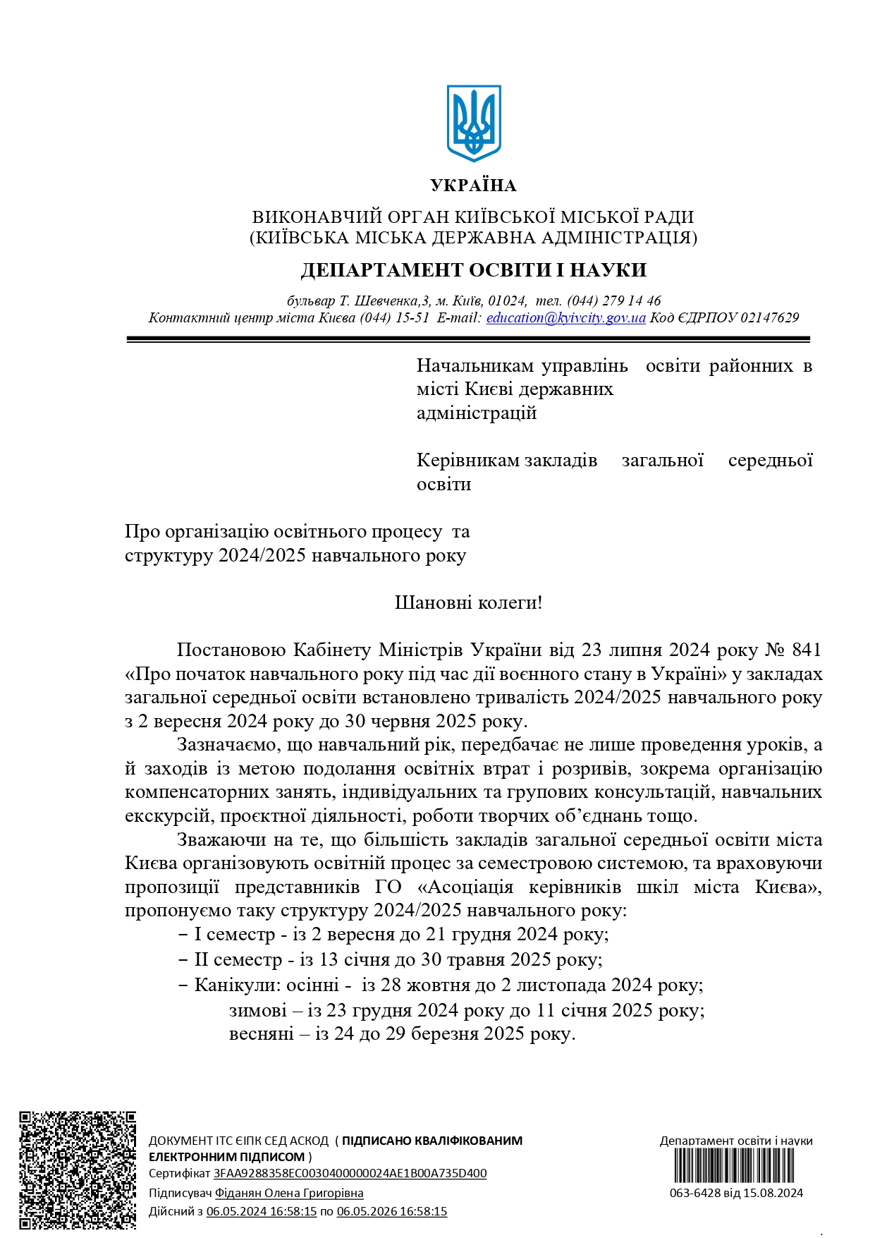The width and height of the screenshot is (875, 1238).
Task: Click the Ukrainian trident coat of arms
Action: click(473, 123)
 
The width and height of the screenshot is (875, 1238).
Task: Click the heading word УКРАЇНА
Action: click(473, 186)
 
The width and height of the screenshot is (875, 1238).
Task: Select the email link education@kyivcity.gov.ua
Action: click(565, 318)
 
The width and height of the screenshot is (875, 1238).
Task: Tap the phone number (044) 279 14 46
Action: click(614, 301)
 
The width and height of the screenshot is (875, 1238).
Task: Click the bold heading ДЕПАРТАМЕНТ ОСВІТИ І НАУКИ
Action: click(473, 270)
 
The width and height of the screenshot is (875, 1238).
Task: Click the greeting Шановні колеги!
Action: click(468, 602)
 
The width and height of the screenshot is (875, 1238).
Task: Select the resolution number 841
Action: click(807, 650)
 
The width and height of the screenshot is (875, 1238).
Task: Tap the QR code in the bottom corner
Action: click(78, 1170)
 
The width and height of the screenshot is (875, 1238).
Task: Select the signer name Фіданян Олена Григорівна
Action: click(289, 1193)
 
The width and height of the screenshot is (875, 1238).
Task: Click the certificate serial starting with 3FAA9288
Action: click(350, 1173)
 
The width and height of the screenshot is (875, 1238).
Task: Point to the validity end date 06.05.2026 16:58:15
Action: click(391, 1211)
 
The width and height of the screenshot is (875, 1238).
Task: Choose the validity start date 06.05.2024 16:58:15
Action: click(261, 1211)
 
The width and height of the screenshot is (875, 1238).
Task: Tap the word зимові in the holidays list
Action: click(257, 1010)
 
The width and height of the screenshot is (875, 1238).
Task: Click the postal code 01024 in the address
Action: click(508, 301)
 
